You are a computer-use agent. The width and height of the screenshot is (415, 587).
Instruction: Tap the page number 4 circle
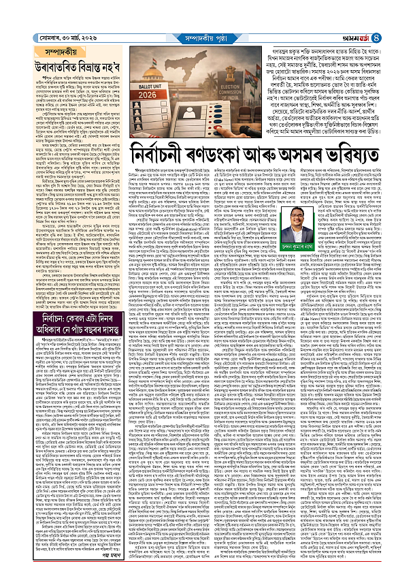pyautogui.click(x=403, y=9)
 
